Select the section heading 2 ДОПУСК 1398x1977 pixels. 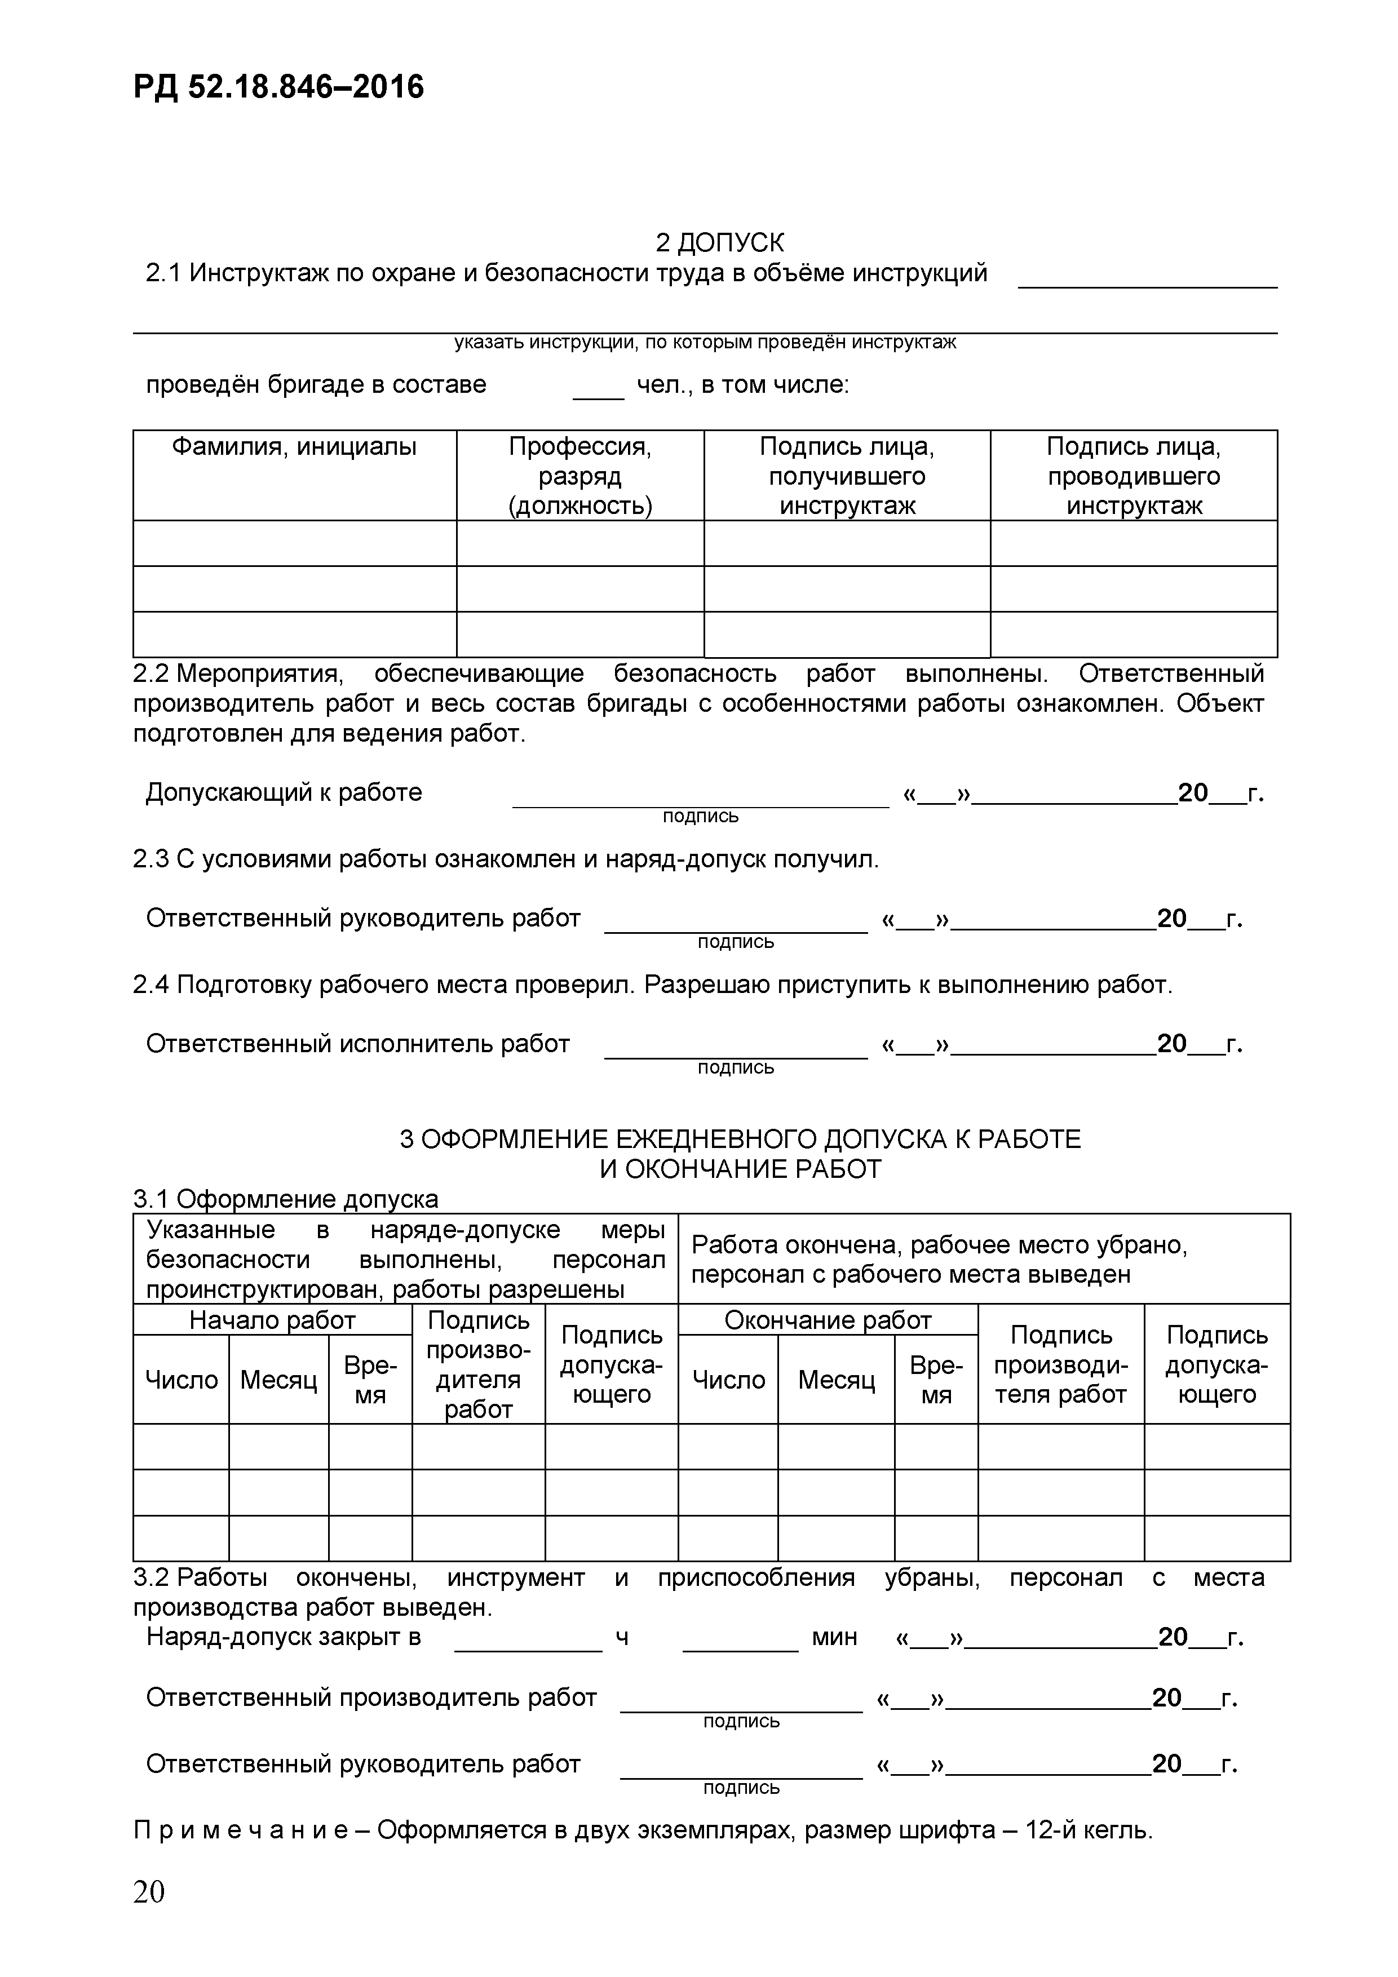pyautogui.click(x=719, y=243)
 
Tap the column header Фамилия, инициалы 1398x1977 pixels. pyautogui.click(x=294, y=447)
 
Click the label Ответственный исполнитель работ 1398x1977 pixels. pyautogui.click(x=357, y=1044)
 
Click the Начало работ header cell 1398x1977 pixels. pyautogui.click(x=272, y=1320)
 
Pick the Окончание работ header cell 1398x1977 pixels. pyautogui.click(x=828, y=1320)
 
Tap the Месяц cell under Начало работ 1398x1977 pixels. pyautogui.click(x=278, y=1380)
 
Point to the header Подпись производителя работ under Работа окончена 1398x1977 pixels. pyautogui.click(x=1060, y=1365)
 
